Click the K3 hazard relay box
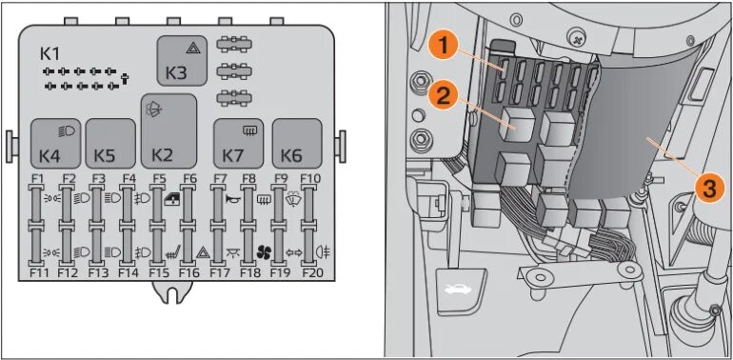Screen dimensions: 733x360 tap(182, 61)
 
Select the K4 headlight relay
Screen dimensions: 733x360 tap(55, 144)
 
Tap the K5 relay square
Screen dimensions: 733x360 tap(110, 144)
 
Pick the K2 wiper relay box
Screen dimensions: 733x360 tap(168, 130)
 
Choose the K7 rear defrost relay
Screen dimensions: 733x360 tap(239, 144)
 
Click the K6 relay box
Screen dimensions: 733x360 tap(297, 144)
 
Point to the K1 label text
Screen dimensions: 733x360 tap(50, 54)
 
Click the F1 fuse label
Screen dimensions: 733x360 tap(37, 178)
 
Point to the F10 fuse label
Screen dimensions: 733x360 tap(310, 178)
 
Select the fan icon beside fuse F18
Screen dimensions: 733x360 tap(264, 252)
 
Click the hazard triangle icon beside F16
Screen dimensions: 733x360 tap(203, 253)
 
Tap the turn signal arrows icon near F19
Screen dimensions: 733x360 tap(294, 253)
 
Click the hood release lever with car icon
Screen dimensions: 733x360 tap(460, 290)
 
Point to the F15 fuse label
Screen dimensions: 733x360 tap(159, 273)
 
